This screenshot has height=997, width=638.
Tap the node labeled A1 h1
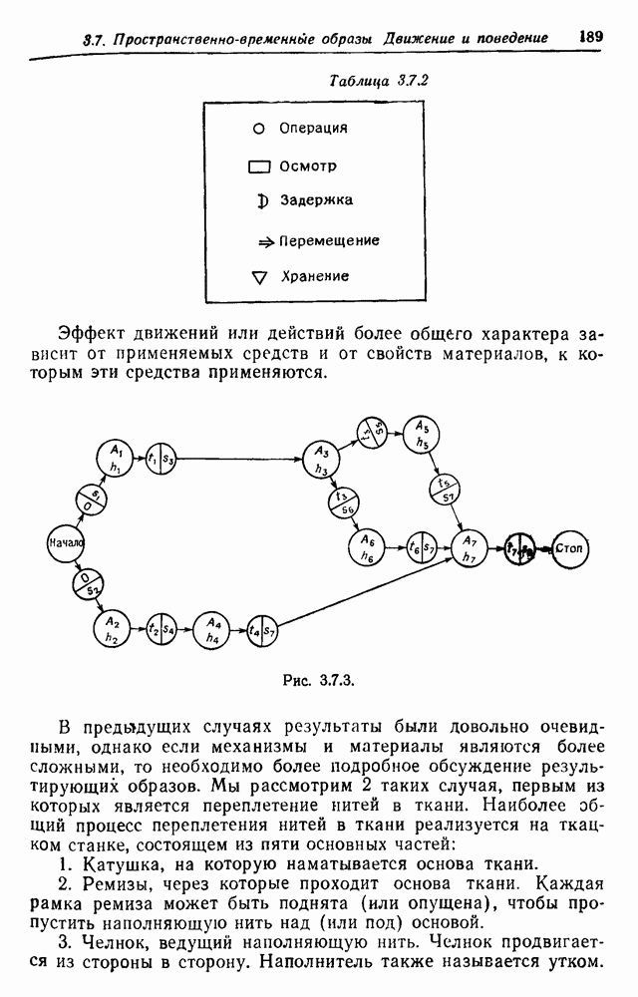click(x=116, y=458)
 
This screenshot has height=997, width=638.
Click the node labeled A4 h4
click(x=212, y=629)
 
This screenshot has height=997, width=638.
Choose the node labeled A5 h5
click(x=423, y=431)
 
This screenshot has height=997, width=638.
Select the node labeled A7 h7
click(x=470, y=547)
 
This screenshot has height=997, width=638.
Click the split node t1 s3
click(x=160, y=460)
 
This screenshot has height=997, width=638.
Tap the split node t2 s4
click(x=160, y=629)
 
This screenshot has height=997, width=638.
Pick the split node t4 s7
click(x=262, y=630)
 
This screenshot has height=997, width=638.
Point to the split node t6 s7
click(x=421, y=546)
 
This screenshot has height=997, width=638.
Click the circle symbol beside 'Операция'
click(x=258, y=129)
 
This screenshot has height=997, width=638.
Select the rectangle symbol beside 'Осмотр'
click(x=259, y=166)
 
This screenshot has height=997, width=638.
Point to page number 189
click(x=590, y=36)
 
